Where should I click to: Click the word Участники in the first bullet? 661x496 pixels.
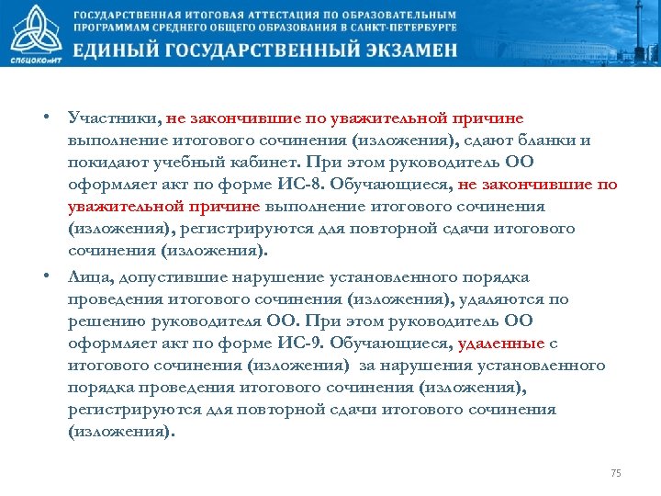point(113,118)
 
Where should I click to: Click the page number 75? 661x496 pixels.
point(616,473)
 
